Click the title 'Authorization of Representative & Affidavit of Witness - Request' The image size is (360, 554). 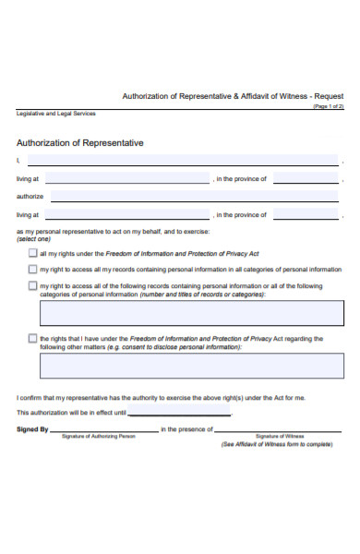click(x=233, y=97)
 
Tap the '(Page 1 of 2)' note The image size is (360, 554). click(x=328, y=106)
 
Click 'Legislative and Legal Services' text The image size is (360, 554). click(x=55, y=114)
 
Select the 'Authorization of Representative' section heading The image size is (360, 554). click(x=80, y=143)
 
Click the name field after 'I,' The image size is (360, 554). click(x=185, y=161)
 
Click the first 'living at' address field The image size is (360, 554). click(x=126, y=179)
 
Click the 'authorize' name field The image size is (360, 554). click(x=194, y=197)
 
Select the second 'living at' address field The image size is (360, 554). click(x=126, y=215)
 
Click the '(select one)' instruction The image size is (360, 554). click(x=33, y=239)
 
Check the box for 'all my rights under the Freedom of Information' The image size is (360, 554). click(x=33, y=252)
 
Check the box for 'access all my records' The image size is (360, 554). click(x=33, y=270)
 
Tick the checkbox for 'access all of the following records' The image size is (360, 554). click(x=33, y=286)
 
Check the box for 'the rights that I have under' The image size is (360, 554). click(x=33, y=339)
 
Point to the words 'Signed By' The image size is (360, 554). click(x=32, y=429)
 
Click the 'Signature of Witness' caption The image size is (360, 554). click(x=280, y=436)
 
